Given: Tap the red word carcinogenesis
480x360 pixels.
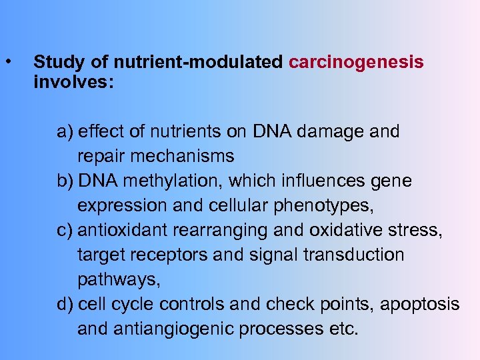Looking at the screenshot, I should coord(356,63).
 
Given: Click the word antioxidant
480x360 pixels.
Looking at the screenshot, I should coord(123,231).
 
